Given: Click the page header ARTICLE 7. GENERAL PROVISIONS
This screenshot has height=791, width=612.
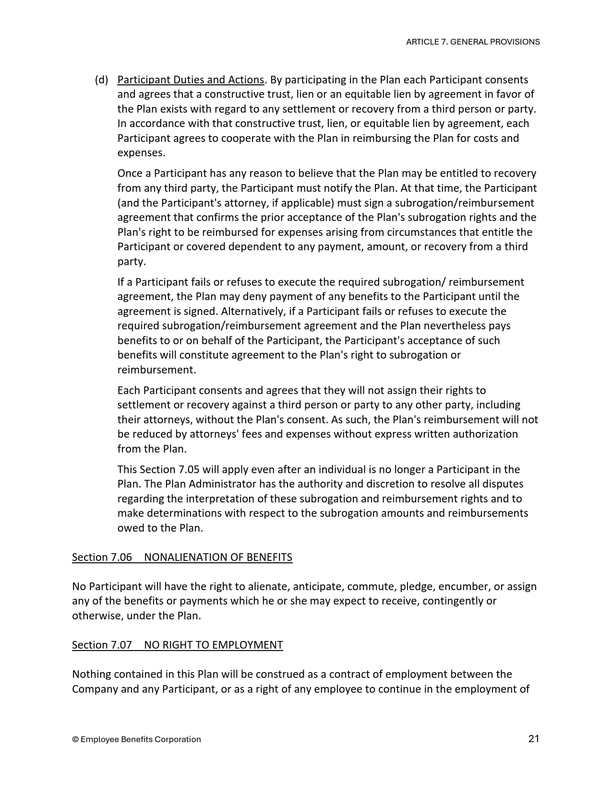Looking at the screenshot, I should [472, 42].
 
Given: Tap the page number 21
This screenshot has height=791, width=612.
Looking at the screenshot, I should [533, 738].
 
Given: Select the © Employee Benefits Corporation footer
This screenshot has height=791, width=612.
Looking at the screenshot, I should [136, 739].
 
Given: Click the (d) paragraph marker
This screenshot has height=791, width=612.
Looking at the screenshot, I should [101, 80].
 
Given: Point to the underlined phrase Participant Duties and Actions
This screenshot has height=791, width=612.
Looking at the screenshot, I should [191, 80].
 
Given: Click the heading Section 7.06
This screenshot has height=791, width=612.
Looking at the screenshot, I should [102, 557].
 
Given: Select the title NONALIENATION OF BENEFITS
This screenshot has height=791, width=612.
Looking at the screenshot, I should [218, 557].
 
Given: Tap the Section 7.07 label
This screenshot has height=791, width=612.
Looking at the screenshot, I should [102, 645].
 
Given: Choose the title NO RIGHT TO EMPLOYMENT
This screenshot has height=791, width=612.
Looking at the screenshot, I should [213, 645].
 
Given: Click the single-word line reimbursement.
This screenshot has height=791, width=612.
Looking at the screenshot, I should [156, 370].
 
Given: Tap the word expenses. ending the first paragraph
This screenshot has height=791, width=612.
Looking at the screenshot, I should [141, 153].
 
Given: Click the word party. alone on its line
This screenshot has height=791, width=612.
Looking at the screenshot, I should [131, 262].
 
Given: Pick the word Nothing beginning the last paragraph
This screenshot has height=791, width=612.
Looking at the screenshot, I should [92, 674].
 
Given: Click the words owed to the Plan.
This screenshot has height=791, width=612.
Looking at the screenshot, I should [160, 528].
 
